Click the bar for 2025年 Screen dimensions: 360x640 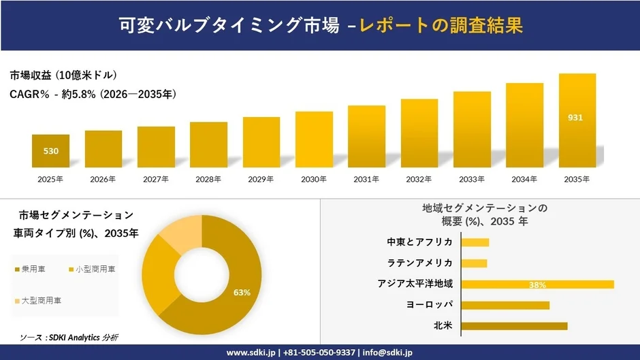(50, 151)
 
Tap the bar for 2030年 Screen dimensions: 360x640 (314, 140)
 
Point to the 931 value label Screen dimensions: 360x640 (575, 118)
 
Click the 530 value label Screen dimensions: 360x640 (50, 151)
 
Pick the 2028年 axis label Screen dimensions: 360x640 (208, 179)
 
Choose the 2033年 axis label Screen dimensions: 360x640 (472, 179)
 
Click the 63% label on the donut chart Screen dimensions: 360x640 (242, 292)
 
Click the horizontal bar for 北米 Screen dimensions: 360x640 (514, 326)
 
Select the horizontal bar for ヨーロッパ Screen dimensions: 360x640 (505, 305)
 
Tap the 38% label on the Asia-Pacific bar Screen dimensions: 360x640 (537, 284)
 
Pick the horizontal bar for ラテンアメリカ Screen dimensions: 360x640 (474, 263)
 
